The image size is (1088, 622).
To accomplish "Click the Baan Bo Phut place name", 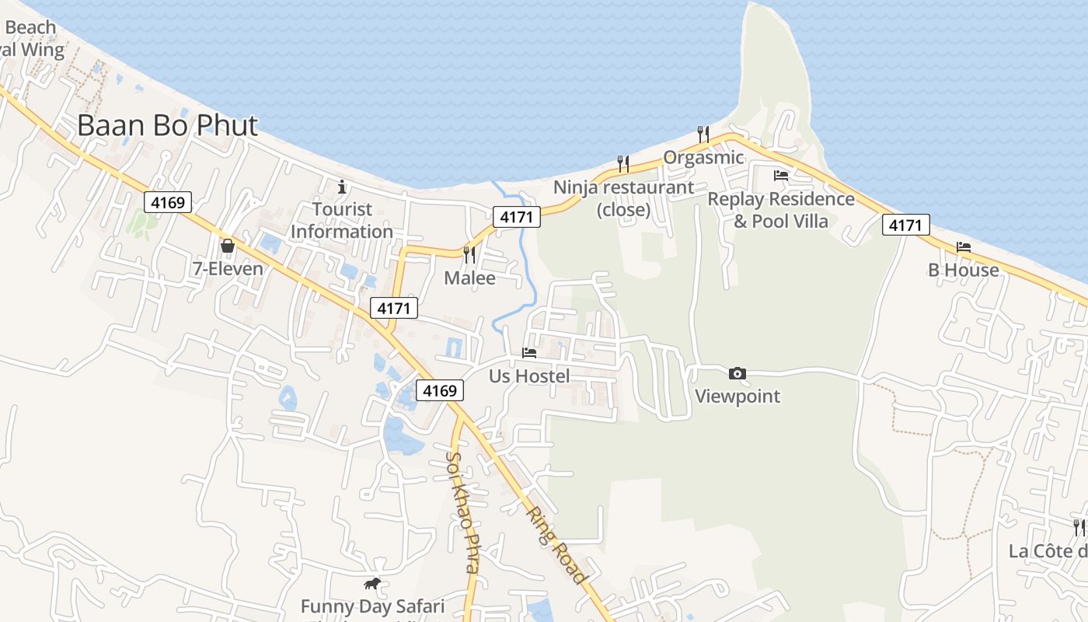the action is point(167,125).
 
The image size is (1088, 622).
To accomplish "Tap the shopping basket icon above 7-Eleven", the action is point(228,246).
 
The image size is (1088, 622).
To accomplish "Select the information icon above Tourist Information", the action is point(342,187).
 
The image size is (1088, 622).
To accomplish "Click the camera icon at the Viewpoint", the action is point(738,374).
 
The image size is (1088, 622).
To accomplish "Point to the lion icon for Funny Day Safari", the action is point(372,583).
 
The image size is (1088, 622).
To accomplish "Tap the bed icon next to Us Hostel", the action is point(529,352).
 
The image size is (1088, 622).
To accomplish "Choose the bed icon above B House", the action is point(964,246).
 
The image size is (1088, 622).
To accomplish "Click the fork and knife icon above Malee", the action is point(469,255).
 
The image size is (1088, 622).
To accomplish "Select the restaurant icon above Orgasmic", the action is point(703,134).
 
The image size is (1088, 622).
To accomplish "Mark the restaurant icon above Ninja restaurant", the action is point(623,163).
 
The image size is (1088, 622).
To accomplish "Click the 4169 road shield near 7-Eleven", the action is point(168,203).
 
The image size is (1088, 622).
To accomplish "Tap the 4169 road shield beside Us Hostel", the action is point(439,390).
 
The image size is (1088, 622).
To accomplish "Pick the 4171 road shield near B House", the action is point(905,225).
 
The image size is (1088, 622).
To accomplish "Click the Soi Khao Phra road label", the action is point(462,512).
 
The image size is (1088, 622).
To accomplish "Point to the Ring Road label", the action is point(555,545).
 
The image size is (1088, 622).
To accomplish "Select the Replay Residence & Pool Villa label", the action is point(781,210).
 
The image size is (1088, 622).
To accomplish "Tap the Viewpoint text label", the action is point(737,396).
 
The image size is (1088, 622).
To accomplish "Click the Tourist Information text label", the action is point(342,220).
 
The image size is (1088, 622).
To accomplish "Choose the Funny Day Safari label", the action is point(372,606).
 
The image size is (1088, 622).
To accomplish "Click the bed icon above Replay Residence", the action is point(781,176).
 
